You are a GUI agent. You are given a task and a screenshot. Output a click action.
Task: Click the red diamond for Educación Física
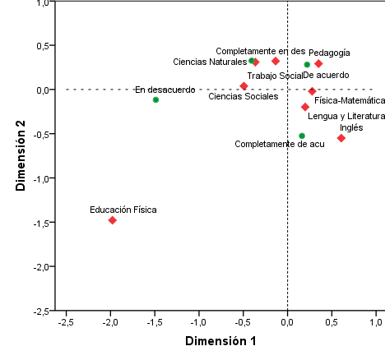pyautogui.click(x=112, y=220)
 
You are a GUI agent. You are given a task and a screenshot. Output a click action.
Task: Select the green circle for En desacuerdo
pyautogui.click(x=155, y=99)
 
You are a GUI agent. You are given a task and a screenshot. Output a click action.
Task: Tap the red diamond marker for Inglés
pyautogui.click(x=341, y=138)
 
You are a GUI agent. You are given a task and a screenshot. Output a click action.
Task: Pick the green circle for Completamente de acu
pyautogui.click(x=302, y=136)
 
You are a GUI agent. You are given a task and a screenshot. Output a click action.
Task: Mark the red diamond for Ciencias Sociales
pyautogui.click(x=244, y=86)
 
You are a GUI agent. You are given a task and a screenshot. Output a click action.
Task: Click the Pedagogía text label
pyautogui.click(x=329, y=53)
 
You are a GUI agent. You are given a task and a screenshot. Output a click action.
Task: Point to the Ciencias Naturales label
pyautogui.click(x=210, y=61)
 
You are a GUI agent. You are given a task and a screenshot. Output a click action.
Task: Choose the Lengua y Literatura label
pyautogui.click(x=346, y=117)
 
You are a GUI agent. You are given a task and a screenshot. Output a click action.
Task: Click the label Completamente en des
pyautogui.click(x=260, y=51)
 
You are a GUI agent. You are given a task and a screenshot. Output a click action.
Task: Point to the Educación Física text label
pyautogui.click(x=123, y=210)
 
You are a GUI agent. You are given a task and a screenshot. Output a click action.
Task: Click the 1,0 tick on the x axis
pyautogui.click(x=376, y=322)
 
